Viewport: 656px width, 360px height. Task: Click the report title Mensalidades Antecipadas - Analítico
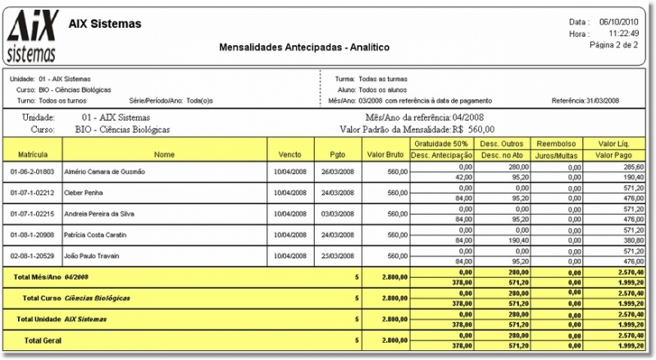(303, 48)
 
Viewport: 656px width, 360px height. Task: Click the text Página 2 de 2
(614, 45)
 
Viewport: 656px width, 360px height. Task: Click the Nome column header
(164, 154)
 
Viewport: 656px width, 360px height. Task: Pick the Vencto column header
(289, 154)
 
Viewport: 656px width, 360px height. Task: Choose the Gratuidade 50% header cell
(441, 143)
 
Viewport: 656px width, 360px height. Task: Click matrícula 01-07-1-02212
(33, 193)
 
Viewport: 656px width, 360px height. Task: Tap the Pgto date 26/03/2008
(337, 171)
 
